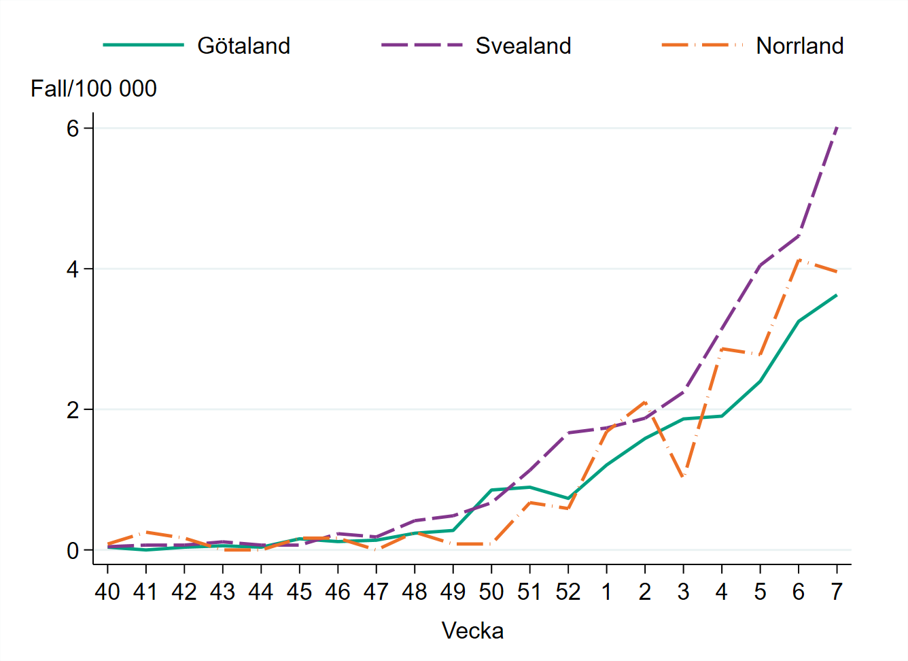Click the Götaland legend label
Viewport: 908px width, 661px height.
pyautogui.click(x=243, y=46)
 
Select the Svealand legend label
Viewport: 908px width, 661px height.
pyautogui.click(x=523, y=46)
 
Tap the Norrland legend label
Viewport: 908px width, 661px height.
pyautogui.click(x=799, y=46)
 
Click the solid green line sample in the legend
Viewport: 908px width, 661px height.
pyautogui.click(x=143, y=46)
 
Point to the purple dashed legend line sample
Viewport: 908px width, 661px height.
pyautogui.click(x=421, y=46)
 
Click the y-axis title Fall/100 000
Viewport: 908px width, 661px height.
pyautogui.click(x=94, y=88)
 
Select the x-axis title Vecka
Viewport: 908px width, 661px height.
pyautogui.click(x=472, y=630)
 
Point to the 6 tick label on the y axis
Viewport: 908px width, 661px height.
pyautogui.click(x=73, y=129)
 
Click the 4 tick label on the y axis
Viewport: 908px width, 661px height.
pyautogui.click(x=73, y=269)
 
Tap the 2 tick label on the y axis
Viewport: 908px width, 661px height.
pyautogui.click(x=73, y=410)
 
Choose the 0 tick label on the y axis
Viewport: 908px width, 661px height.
pyautogui.click(x=73, y=551)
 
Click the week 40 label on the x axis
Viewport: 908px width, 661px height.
pyautogui.click(x=107, y=592)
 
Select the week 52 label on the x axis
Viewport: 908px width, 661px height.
pyautogui.click(x=567, y=592)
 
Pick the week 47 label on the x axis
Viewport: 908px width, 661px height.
pyautogui.click(x=376, y=592)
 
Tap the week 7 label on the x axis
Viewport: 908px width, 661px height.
pyautogui.click(x=837, y=592)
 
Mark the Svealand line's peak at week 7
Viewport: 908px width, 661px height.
pyautogui.click(x=837, y=127)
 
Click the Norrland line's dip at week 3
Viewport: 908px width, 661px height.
pyautogui.click(x=683, y=478)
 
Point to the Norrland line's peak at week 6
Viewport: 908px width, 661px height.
pyautogui.click(x=799, y=259)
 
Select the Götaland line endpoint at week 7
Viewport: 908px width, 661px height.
pyautogui.click(x=837, y=295)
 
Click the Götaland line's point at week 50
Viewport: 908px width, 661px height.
pyautogui.click(x=491, y=490)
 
